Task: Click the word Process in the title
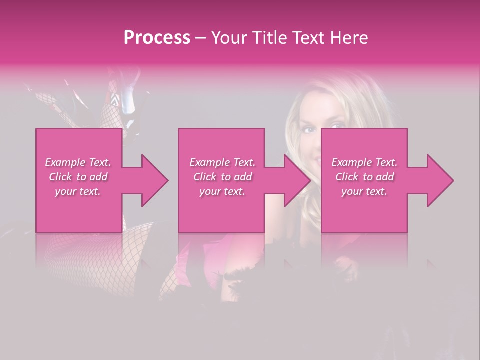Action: tap(157, 38)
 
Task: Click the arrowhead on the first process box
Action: tap(155, 180)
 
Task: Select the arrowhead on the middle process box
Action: tap(298, 180)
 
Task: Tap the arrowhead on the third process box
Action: tap(440, 180)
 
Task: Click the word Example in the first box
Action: tap(65, 162)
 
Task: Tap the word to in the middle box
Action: tap(226, 177)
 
